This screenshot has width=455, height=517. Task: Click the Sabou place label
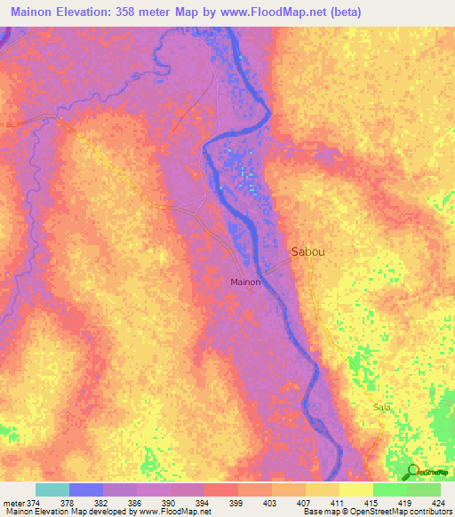pos(307,251)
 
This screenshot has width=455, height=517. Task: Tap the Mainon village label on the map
pos(245,282)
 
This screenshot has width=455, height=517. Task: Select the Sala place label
pos(383,408)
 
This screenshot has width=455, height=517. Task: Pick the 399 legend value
pos(235,502)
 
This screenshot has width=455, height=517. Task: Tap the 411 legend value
pos(337,502)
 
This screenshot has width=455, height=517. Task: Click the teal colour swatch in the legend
pos(52,489)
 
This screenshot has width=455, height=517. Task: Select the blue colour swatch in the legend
pos(85,489)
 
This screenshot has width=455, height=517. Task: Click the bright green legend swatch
pos(389,489)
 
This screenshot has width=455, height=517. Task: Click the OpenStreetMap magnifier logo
pos(412,472)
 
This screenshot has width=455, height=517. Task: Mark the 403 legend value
pos(269,502)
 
